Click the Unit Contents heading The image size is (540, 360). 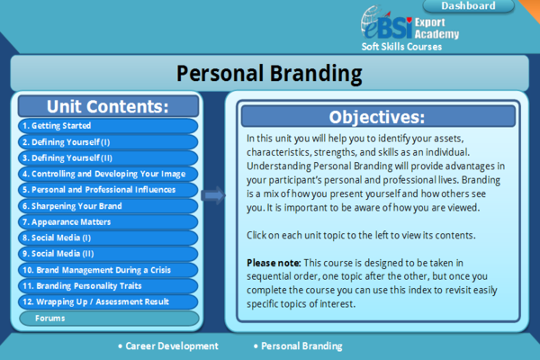click(x=107, y=106)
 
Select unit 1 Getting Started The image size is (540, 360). click(x=107, y=126)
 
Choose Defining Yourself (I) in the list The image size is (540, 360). click(x=107, y=142)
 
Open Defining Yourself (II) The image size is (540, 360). click(x=107, y=157)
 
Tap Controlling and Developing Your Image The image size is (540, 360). click(x=107, y=174)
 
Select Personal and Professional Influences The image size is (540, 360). click(x=107, y=190)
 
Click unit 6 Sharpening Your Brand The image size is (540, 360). click(x=107, y=205)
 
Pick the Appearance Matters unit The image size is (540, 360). click(x=107, y=221)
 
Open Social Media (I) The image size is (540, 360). click(x=107, y=238)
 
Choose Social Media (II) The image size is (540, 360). click(x=107, y=254)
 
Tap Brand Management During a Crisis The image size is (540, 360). click(x=107, y=269)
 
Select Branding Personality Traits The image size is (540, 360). click(x=107, y=285)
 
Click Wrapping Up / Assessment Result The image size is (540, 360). click(x=107, y=301)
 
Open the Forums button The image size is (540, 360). click(x=107, y=318)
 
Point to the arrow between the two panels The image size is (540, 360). click(x=212, y=194)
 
